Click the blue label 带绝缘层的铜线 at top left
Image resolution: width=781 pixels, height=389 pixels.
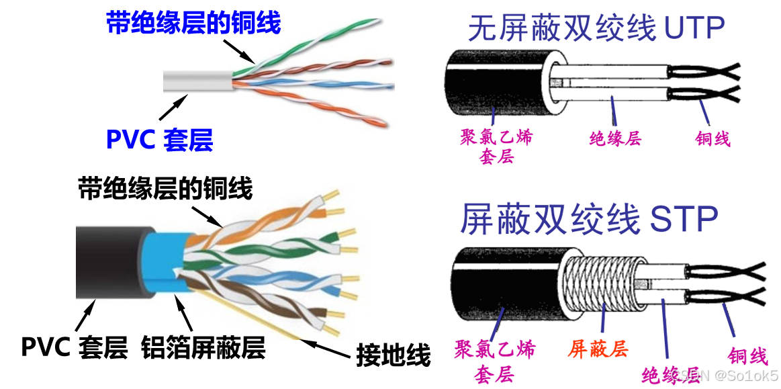193,24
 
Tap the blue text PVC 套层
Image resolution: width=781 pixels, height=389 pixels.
159,140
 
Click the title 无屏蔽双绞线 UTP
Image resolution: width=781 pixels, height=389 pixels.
596,29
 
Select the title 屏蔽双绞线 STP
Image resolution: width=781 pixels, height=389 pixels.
589,218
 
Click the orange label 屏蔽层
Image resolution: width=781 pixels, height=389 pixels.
598,349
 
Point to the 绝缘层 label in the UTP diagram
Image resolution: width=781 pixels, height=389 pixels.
615,138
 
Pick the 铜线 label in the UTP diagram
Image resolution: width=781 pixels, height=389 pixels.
713,138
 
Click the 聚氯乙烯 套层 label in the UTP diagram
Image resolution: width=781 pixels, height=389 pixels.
496,147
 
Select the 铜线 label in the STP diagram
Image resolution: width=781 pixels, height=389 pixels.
747,355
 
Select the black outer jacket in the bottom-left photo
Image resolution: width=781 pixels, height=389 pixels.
107,262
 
